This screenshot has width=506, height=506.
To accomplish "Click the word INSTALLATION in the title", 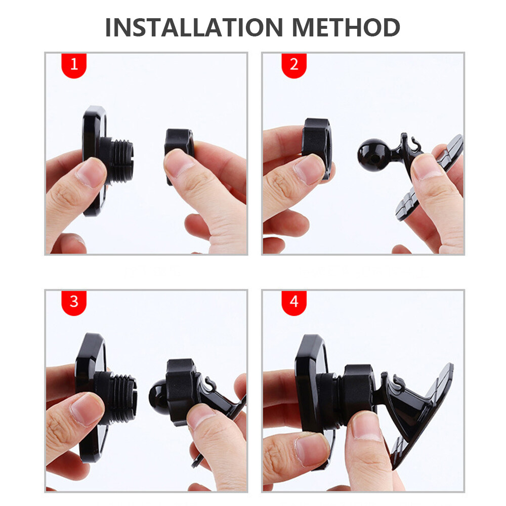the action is (x=194, y=27).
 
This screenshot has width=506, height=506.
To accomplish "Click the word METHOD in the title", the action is (x=346, y=27).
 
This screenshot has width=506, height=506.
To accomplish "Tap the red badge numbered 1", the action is (x=74, y=65).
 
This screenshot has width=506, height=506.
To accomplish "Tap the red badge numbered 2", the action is (x=294, y=65).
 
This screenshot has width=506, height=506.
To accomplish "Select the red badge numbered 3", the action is (x=74, y=303).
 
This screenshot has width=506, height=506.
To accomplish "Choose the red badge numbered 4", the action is (x=294, y=303).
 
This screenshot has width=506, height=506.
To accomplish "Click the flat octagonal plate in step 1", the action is (x=94, y=161).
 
